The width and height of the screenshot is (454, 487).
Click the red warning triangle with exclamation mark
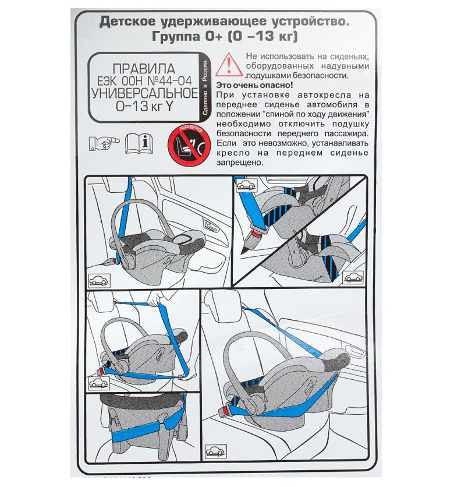click(229, 65)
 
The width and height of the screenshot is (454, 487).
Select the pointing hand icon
click(104, 143)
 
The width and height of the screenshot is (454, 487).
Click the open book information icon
click(139, 143)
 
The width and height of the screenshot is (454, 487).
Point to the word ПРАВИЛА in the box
click(144, 69)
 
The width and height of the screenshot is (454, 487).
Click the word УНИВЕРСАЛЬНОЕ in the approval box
click(144, 93)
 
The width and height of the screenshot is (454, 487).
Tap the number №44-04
click(169, 81)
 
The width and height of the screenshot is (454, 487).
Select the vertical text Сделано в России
click(205, 88)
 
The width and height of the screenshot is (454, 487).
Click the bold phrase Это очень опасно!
click(254, 85)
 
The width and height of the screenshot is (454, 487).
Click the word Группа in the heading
click(176, 36)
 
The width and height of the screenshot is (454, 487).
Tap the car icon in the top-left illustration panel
click(100, 280)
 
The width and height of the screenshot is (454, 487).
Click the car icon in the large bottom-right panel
click(216, 451)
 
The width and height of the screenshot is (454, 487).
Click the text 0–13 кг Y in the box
click(144, 107)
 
